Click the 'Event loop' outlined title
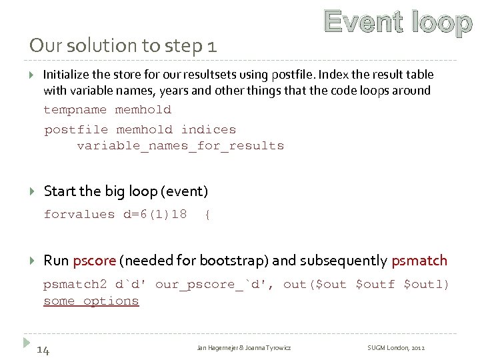tap(398, 23)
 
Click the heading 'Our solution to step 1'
tap(123, 46)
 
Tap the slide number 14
tap(43, 349)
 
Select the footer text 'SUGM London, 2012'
tap(396, 348)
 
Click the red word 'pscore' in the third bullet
tap(95, 260)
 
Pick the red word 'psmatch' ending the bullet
tap(419, 260)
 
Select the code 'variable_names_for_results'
tap(180, 146)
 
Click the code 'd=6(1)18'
tap(155, 215)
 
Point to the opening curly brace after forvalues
tap(208, 215)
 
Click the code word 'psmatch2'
tap(75, 285)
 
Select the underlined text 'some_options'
tap(91, 301)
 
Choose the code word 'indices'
tap(209, 130)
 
